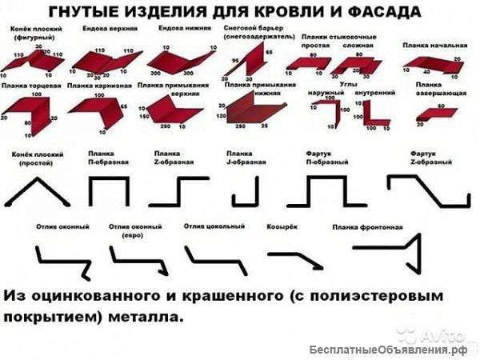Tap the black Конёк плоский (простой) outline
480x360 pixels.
[x=34, y=192]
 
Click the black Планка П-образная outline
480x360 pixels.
[x=108, y=193]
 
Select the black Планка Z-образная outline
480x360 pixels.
[x=181, y=193]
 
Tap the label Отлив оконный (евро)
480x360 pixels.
[x=130, y=231]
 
